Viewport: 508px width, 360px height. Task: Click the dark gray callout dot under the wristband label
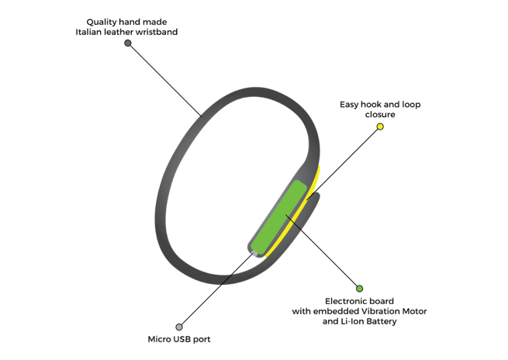128,43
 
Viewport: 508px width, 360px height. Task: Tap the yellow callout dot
380,126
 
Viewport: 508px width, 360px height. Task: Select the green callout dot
359,289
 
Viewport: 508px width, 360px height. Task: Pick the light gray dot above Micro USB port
179,327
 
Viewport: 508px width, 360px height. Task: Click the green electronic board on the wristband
279,217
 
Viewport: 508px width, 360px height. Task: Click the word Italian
88,32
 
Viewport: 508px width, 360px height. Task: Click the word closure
380,114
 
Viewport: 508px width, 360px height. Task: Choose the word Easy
349,105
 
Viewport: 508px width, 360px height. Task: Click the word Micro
160,339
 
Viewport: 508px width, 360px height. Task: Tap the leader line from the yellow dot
343,163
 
